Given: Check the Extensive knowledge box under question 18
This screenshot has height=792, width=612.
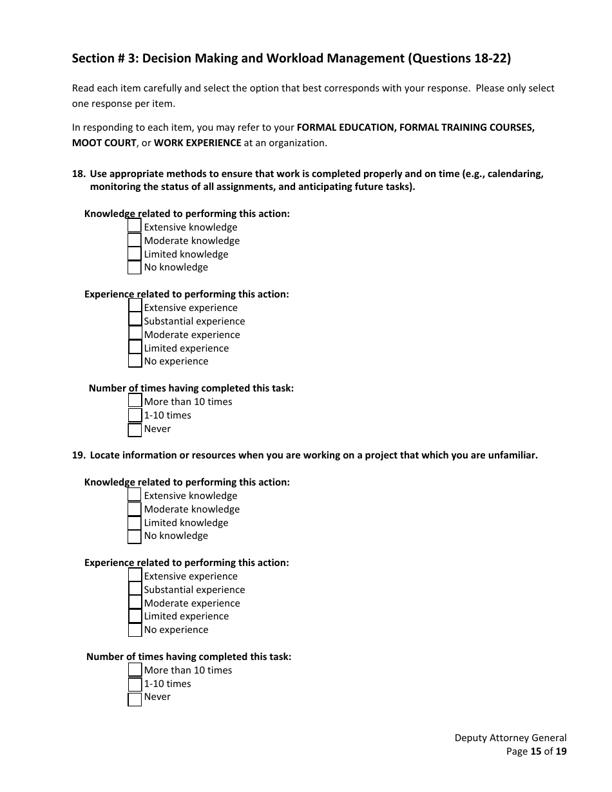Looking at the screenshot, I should tap(134, 226).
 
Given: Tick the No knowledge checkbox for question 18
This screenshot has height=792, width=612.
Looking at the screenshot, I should tap(134, 267).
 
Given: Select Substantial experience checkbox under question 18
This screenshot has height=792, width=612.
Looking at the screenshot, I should tap(135, 320).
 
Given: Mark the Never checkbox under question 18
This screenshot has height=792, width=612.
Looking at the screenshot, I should tap(135, 429).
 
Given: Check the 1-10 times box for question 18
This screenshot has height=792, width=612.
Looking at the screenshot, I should tap(135, 415).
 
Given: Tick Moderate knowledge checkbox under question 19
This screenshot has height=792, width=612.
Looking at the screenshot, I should tap(134, 509).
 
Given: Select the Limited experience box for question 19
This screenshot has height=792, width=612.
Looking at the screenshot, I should tap(135, 616).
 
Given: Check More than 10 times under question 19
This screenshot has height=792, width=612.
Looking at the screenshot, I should tap(135, 670).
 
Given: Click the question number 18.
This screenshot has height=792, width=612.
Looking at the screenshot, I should tap(78, 174).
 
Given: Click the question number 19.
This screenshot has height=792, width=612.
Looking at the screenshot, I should tap(78, 455).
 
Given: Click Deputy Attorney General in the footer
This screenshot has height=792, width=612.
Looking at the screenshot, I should tap(510, 738).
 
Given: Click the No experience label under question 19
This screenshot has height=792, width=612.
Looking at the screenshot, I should tap(176, 630).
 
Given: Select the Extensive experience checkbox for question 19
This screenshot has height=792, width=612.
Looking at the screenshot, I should tap(135, 575).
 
